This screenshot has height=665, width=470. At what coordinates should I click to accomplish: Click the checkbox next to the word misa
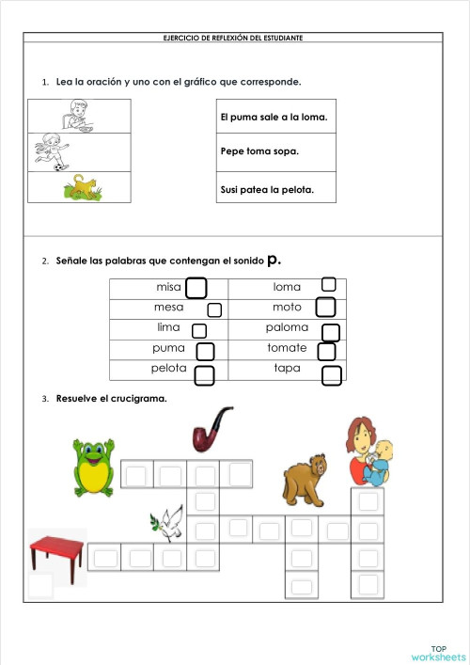pos(196,287)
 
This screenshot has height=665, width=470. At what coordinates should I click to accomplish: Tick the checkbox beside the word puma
pos(205,352)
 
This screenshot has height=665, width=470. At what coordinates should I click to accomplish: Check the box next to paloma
pos(331,332)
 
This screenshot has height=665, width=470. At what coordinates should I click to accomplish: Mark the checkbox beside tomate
pos(327,352)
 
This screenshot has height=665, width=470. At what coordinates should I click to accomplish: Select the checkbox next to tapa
pos(331,375)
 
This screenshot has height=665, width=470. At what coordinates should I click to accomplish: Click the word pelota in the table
pos(170,369)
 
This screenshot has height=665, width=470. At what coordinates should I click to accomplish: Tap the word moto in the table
pos(287,308)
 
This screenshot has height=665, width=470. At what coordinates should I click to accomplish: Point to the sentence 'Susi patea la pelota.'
pos(266,189)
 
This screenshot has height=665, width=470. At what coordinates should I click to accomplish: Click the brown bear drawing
pos(306,478)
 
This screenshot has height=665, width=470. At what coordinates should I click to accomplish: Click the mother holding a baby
pos(368,451)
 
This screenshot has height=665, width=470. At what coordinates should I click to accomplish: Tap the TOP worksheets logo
pos(438,653)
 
